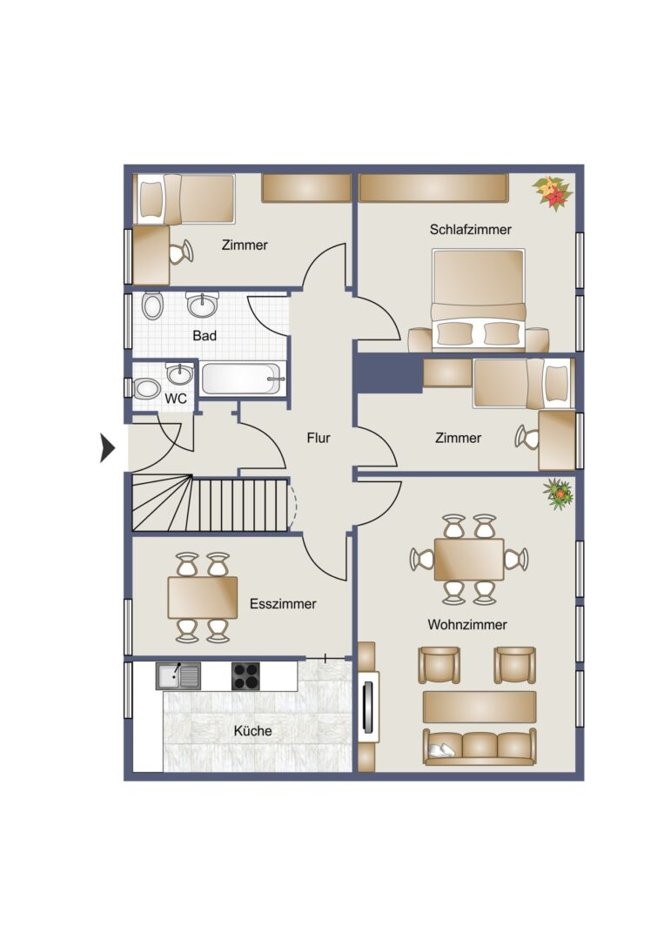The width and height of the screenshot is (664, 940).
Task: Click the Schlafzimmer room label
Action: tap(471, 229)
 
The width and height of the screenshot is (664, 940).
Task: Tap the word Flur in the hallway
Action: tap(319, 438)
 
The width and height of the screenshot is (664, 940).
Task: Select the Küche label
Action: tap(253, 731)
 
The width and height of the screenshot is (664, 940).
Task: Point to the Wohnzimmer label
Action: tap(467, 625)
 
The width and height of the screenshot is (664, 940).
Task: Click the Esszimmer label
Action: tap(283, 604)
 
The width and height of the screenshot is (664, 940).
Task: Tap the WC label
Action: tap(176, 399)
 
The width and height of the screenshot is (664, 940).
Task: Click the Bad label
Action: tap(205, 336)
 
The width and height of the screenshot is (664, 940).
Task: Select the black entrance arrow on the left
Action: tap(107, 447)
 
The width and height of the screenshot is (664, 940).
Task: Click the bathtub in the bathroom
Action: tap(244, 379)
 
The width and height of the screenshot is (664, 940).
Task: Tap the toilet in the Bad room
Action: tap(152, 305)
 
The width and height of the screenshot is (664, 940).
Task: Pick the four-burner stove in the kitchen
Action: tap(245, 676)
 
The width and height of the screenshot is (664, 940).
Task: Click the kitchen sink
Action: tap(178, 675)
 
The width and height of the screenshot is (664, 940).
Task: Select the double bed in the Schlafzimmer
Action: tap(479, 299)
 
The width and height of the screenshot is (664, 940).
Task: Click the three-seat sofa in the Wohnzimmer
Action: tap(480, 747)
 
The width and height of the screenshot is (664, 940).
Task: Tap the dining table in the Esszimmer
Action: tap(203, 597)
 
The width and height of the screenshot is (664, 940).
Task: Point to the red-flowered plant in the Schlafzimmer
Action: tap(553, 192)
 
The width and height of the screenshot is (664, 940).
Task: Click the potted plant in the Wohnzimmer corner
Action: tap(559, 494)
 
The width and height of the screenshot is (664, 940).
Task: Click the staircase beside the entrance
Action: tap(211, 503)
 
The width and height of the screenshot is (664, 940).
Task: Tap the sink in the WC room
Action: tap(180, 374)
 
